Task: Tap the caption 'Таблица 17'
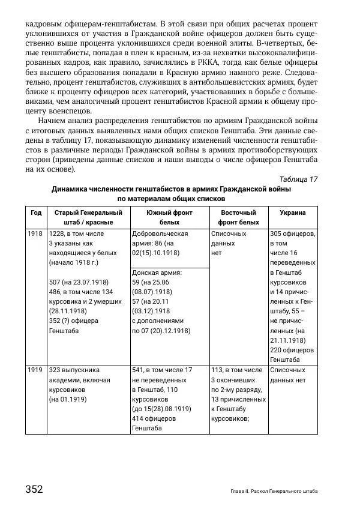(298, 179)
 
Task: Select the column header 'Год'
(36, 212)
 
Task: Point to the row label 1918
(35, 233)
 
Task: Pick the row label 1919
(35, 370)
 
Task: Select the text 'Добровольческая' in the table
(160, 233)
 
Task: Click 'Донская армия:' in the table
(157, 272)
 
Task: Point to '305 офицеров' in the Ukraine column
(292, 233)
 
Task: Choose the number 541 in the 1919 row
(139, 370)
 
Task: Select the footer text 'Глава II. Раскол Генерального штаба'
(274, 491)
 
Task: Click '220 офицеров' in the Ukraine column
(292, 350)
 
